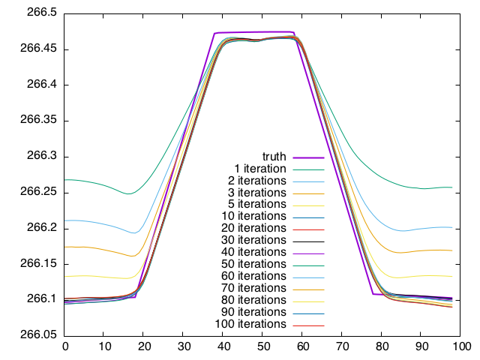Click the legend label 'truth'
(x=274, y=157)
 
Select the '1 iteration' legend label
(x=261, y=169)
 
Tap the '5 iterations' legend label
(x=257, y=205)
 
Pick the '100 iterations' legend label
(x=251, y=324)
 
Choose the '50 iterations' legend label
(x=254, y=264)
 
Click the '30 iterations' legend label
(x=254, y=240)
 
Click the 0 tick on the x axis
(x=65, y=346)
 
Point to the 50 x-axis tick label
(x=263, y=346)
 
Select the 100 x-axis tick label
(x=461, y=346)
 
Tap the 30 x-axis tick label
(x=184, y=346)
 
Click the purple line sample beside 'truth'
(x=307, y=157)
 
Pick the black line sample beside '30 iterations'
(x=307, y=241)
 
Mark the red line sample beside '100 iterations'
(x=307, y=325)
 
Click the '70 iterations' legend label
(x=254, y=288)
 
